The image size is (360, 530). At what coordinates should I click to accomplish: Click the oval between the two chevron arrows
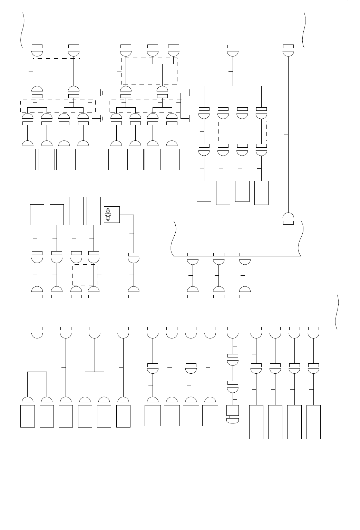click(108, 215)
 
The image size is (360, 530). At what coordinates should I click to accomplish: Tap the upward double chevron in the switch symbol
click(108, 209)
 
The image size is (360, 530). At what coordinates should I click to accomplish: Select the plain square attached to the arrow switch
click(115, 215)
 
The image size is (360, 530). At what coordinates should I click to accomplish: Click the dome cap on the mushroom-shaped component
click(233, 420)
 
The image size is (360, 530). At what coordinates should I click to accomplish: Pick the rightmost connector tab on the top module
click(288, 46)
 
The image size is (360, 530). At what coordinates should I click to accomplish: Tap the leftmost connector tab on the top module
click(37, 46)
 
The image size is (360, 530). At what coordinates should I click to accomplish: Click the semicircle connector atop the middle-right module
click(288, 216)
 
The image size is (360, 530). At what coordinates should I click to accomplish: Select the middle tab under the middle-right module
click(219, 255)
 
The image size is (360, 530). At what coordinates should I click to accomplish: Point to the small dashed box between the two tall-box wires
click(85, 275)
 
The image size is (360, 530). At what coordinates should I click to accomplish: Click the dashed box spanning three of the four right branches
click(243, 131)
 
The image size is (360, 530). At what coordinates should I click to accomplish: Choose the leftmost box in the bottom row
click(28, 416)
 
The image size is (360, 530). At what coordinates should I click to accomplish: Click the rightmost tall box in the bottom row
click(313, 422)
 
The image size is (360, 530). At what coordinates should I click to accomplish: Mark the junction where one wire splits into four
click(233, 86)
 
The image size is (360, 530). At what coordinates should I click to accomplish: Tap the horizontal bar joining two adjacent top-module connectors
click(163, 64)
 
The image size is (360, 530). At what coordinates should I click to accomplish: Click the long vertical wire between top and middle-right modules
click(288, 135)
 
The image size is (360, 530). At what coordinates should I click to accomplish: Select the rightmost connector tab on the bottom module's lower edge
click(313, 328)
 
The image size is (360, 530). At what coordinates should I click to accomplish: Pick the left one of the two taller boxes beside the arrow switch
click(76, 211)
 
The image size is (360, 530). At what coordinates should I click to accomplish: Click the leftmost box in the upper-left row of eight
click(28, 159)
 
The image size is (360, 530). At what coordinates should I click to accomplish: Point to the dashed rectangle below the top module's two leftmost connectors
click(57, 71)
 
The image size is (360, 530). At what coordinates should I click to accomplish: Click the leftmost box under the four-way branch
click(204, 191)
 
